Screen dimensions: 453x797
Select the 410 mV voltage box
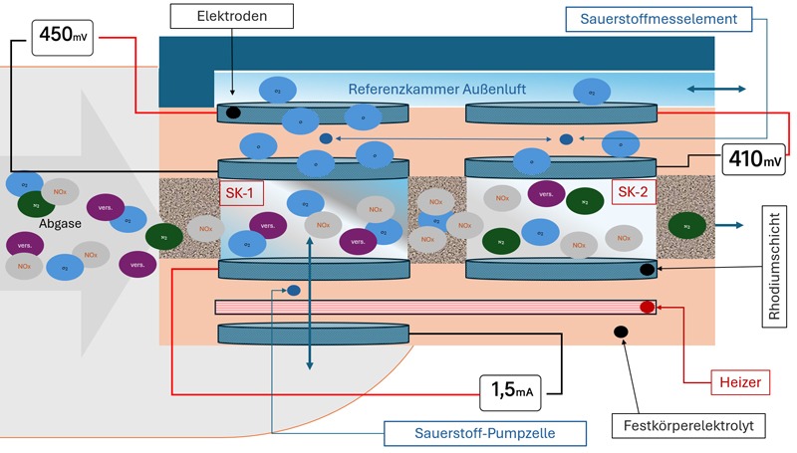[x=752, y=155]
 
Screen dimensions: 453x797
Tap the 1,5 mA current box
[x=514, y=389]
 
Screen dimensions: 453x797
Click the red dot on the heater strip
[x=647, y=307]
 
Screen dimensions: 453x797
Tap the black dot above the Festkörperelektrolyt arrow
[x=620, y=331]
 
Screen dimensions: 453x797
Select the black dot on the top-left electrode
[x=233, y=113]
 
